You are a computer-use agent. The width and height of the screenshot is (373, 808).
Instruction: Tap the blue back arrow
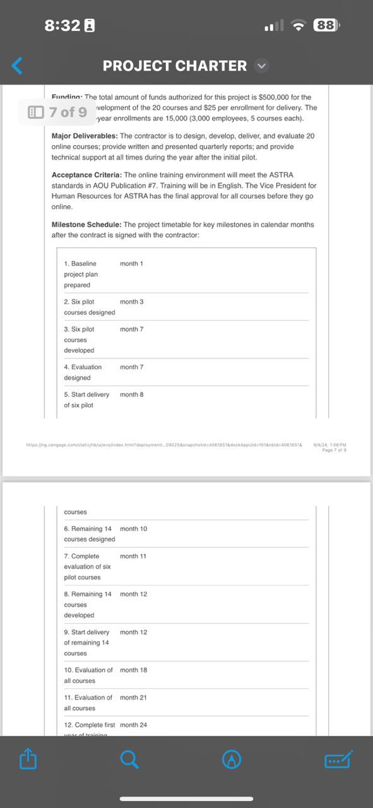18,65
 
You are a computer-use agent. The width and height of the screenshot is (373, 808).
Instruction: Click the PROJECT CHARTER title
175,66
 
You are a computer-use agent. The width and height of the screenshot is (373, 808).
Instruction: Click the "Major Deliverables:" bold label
85,136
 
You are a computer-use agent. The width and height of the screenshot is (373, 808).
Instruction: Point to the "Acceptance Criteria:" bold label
86,174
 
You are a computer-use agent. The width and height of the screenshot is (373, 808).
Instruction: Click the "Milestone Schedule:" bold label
86,224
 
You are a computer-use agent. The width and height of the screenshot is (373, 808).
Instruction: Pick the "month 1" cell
131,263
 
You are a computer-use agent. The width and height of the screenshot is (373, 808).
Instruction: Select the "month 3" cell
131,302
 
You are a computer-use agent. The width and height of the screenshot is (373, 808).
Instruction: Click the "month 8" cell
131,395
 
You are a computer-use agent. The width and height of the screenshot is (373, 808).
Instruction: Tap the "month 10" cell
133,528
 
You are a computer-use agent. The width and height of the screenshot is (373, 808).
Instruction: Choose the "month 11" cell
133,556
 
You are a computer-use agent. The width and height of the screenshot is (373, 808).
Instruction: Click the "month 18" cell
133,670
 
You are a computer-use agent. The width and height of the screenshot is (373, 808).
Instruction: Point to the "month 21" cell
133,698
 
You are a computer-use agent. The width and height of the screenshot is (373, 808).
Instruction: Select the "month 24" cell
133,725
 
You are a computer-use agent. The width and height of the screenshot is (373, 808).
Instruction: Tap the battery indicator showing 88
326,25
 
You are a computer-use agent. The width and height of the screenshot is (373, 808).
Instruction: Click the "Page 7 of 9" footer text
334,450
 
